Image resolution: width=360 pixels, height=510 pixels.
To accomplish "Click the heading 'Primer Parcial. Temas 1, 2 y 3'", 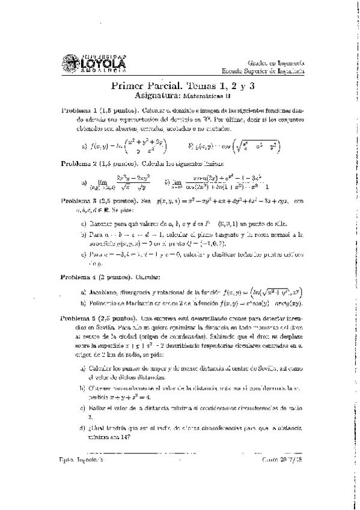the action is pyautogui.click(x=184, y=86).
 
